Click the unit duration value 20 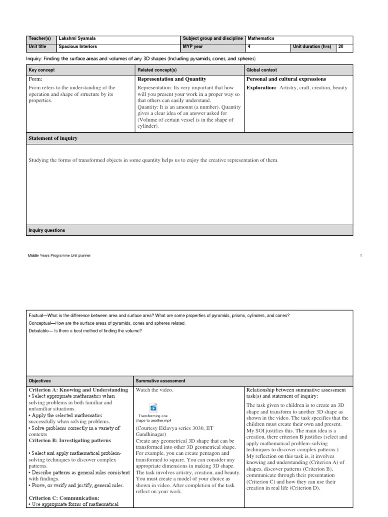point(341,46)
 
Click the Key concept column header point(41,70)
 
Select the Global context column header point(262,70)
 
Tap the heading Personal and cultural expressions point(285,79)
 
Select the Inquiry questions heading point(46,230)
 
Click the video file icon point(154,408)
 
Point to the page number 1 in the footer point(361,256)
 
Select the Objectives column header point(40,380)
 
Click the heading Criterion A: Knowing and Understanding point(78,390)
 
